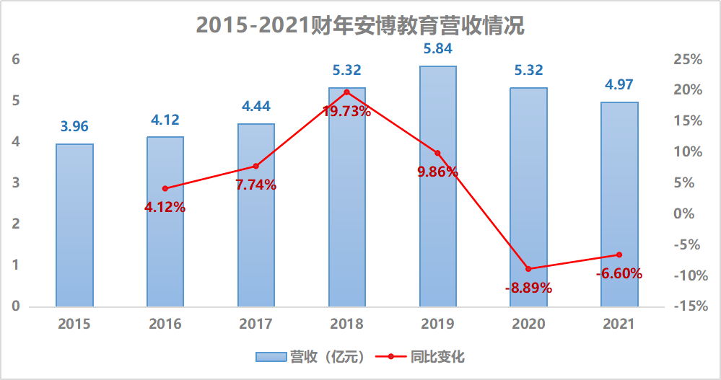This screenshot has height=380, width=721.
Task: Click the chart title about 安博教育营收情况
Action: [x=360, y=25]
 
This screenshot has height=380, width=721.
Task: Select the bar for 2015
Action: [x=74, y=225]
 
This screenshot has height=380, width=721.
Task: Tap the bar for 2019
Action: [x=437, y=186]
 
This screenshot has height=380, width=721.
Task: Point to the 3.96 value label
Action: [x=74, y=127]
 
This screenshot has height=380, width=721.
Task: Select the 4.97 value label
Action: [x=619, y=85]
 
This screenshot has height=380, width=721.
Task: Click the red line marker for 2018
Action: [x=346, y=92]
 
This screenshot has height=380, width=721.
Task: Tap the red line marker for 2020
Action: [x=528, y=269]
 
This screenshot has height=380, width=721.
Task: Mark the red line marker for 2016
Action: [x=165, y=188]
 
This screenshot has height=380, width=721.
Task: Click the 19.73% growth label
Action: [x=346, y=111]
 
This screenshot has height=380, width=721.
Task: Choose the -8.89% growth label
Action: [x=528, y=288]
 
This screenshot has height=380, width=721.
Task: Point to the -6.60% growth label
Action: [x=619, y=274]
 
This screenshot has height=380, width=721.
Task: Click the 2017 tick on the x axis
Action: [x=256, y=324]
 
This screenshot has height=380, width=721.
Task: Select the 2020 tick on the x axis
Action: [x=528, y=324]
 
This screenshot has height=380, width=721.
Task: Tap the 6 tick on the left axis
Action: [x=15, y=60]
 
